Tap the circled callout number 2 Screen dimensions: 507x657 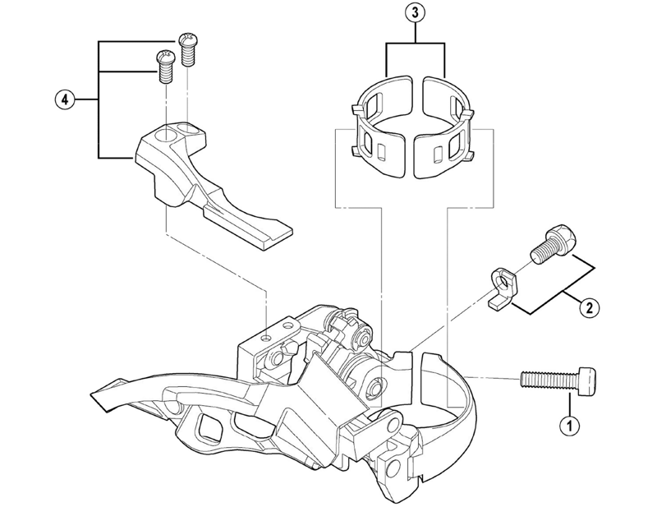coord(588,308)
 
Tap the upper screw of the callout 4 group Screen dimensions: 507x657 coord(187,49)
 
